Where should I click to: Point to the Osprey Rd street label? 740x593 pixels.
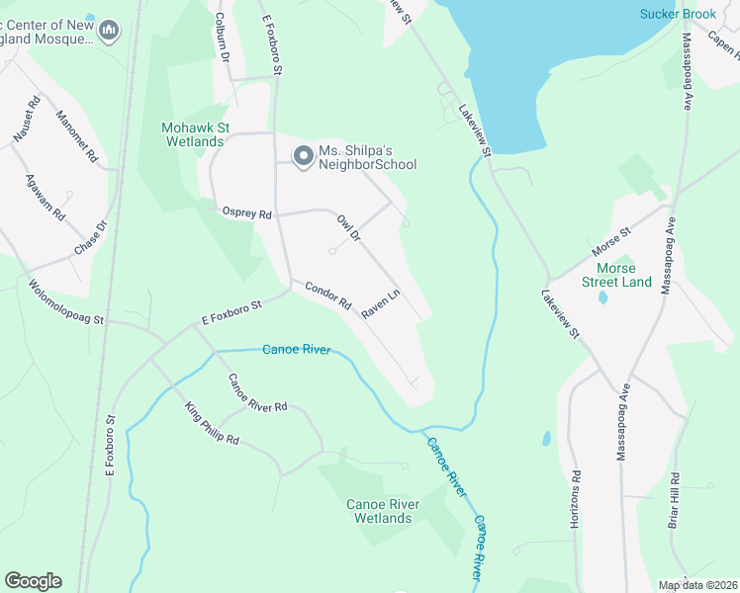[x=246, y=212]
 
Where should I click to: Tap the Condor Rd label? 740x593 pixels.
[x=327, y=297]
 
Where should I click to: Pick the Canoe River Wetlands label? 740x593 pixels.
[x=383, y=511]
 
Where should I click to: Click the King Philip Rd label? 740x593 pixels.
[x=212, y=425]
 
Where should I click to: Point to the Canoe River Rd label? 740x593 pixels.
[x=257, y=393]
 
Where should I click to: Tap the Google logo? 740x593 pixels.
[x=33, y=581]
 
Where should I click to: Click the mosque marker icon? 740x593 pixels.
[x=109, y=32]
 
